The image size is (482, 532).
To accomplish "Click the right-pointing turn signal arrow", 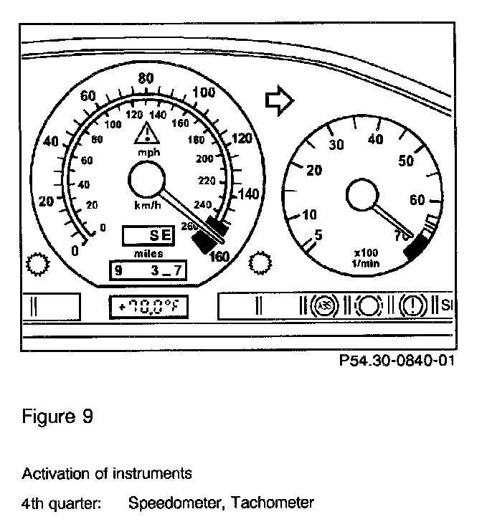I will pos(279,100).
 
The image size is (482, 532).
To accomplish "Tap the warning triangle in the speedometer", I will pos(146,134).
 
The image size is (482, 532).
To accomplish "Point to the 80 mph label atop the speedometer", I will pos(147,79).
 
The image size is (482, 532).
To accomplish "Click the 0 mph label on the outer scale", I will pos(75,250).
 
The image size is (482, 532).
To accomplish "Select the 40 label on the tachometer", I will pos(374,140).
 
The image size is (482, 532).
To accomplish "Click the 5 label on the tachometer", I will pos(318,234).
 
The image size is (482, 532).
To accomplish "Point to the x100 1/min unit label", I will pos(367,257).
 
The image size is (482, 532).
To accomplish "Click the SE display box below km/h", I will pos(147,235).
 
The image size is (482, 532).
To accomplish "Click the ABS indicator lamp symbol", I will pos(324,306).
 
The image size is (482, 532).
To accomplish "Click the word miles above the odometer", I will pos(148,253).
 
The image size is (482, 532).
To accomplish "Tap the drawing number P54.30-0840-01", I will pos(397,361).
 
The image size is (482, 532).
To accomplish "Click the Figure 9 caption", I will pos(57,417).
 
